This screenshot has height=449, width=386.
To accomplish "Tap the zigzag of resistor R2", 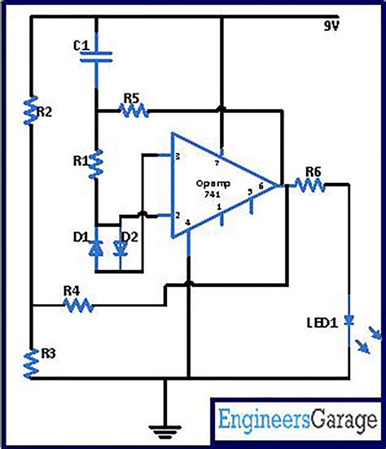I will pos(31,111).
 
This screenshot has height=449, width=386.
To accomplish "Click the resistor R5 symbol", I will pos(131,111).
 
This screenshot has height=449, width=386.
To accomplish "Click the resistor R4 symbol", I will pos(79,305).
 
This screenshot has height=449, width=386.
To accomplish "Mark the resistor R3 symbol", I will pos(31,363).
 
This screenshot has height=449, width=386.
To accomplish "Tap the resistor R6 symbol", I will pos(310,185).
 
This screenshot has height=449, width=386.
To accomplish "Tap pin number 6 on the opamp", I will pos(261,186).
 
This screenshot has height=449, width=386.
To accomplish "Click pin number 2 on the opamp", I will pos(177,216).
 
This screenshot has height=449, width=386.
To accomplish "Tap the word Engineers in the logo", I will pos(263,421).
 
